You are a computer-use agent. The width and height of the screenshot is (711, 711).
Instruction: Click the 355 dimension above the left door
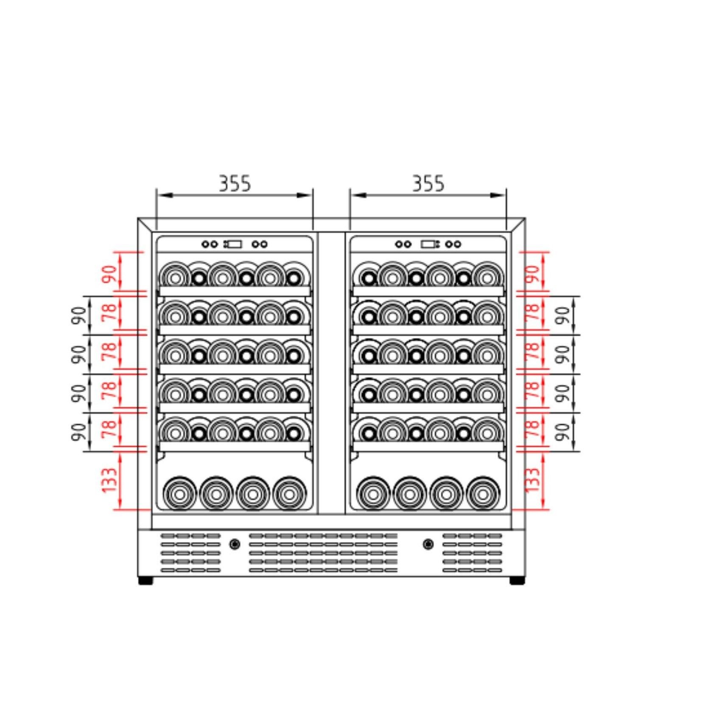[x=235, y=184]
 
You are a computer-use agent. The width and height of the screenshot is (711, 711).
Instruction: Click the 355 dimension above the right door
[x=428, y=184]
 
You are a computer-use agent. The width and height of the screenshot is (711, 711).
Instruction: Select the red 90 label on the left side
[x=109, y=274]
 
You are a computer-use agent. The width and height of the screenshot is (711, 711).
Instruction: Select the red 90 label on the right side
[x=533, y=274]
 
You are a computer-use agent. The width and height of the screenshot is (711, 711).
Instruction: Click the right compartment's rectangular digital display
[x=428, y=244]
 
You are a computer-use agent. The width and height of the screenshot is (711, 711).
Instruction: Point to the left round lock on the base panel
[x=234, y=544]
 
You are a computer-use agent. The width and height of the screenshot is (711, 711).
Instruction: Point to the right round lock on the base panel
[x=428, y=544]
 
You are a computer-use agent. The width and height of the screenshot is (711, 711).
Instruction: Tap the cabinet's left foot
[x=146, y=581]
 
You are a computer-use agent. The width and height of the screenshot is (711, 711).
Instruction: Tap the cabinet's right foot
[x=517, y=581]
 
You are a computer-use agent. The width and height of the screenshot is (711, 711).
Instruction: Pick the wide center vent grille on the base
[x=323, y=553]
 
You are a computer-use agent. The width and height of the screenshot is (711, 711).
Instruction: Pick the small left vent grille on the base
[x=190, y=553]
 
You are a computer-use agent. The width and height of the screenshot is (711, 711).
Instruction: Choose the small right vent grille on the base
[x=472, y=553]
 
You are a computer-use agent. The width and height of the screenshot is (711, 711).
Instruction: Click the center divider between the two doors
[x=331, y=373]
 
